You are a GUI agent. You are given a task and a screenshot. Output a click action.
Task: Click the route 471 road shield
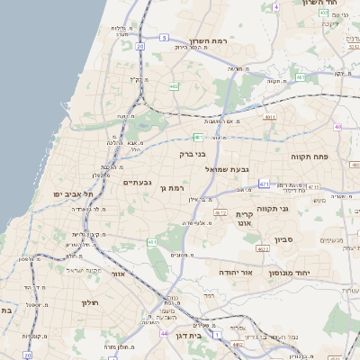point(264,184)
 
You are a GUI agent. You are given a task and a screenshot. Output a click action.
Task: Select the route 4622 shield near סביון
point(263,248)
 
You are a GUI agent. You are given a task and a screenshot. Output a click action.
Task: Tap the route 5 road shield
point(164,37)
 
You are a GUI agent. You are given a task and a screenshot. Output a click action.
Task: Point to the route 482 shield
point(174,86)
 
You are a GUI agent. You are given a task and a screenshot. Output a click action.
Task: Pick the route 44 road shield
point(164,333)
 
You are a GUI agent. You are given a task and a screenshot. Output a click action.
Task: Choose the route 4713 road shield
point(313,186)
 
